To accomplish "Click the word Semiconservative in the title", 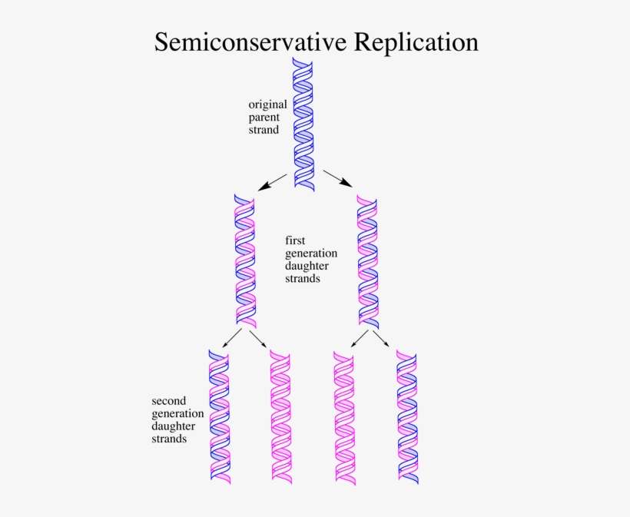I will click(x=251, y=41).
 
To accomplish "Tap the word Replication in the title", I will click(x=416, y=43).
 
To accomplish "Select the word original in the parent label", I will click(x=267, y=104).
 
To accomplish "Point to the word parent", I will click(x=264, y=118).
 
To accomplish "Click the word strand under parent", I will click(x=264, y=130).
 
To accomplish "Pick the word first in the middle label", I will click(x=295, y=240).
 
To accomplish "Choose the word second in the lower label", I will click(x=170, y=400).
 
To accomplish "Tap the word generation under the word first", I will click(x=311, y=253).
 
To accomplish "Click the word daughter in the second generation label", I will click(x=173, y=426).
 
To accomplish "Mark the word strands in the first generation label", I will click(x=303, y=279).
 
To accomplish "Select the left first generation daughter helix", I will click(x=244, y=260).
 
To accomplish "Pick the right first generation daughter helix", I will click(x=367, y=260).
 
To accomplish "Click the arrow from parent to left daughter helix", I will click(x=273, y=181).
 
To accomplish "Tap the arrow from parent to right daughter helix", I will click(x=338, y=178).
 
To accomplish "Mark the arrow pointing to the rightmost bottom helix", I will click(x=381, y=338).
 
